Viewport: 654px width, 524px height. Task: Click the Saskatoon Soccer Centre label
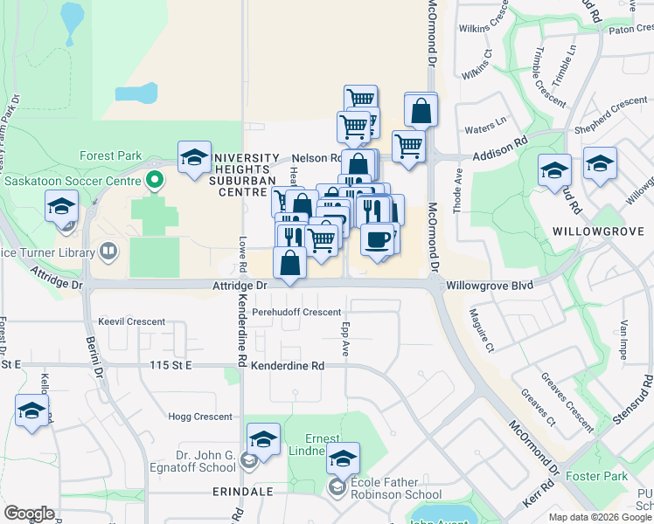73,182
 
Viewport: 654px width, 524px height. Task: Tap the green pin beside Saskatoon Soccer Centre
156,182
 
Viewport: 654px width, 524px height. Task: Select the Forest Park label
110,156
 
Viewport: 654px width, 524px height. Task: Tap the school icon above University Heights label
194,157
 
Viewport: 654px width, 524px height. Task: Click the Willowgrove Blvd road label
489,285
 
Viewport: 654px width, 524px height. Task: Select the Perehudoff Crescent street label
296,312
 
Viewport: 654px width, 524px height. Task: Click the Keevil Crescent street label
132,321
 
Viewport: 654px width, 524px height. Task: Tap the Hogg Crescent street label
200,417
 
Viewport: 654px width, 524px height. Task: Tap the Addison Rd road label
500,157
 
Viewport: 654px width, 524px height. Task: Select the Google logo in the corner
29,514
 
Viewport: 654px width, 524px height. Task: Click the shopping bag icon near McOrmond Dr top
421,111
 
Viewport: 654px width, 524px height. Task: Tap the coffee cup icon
378,238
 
